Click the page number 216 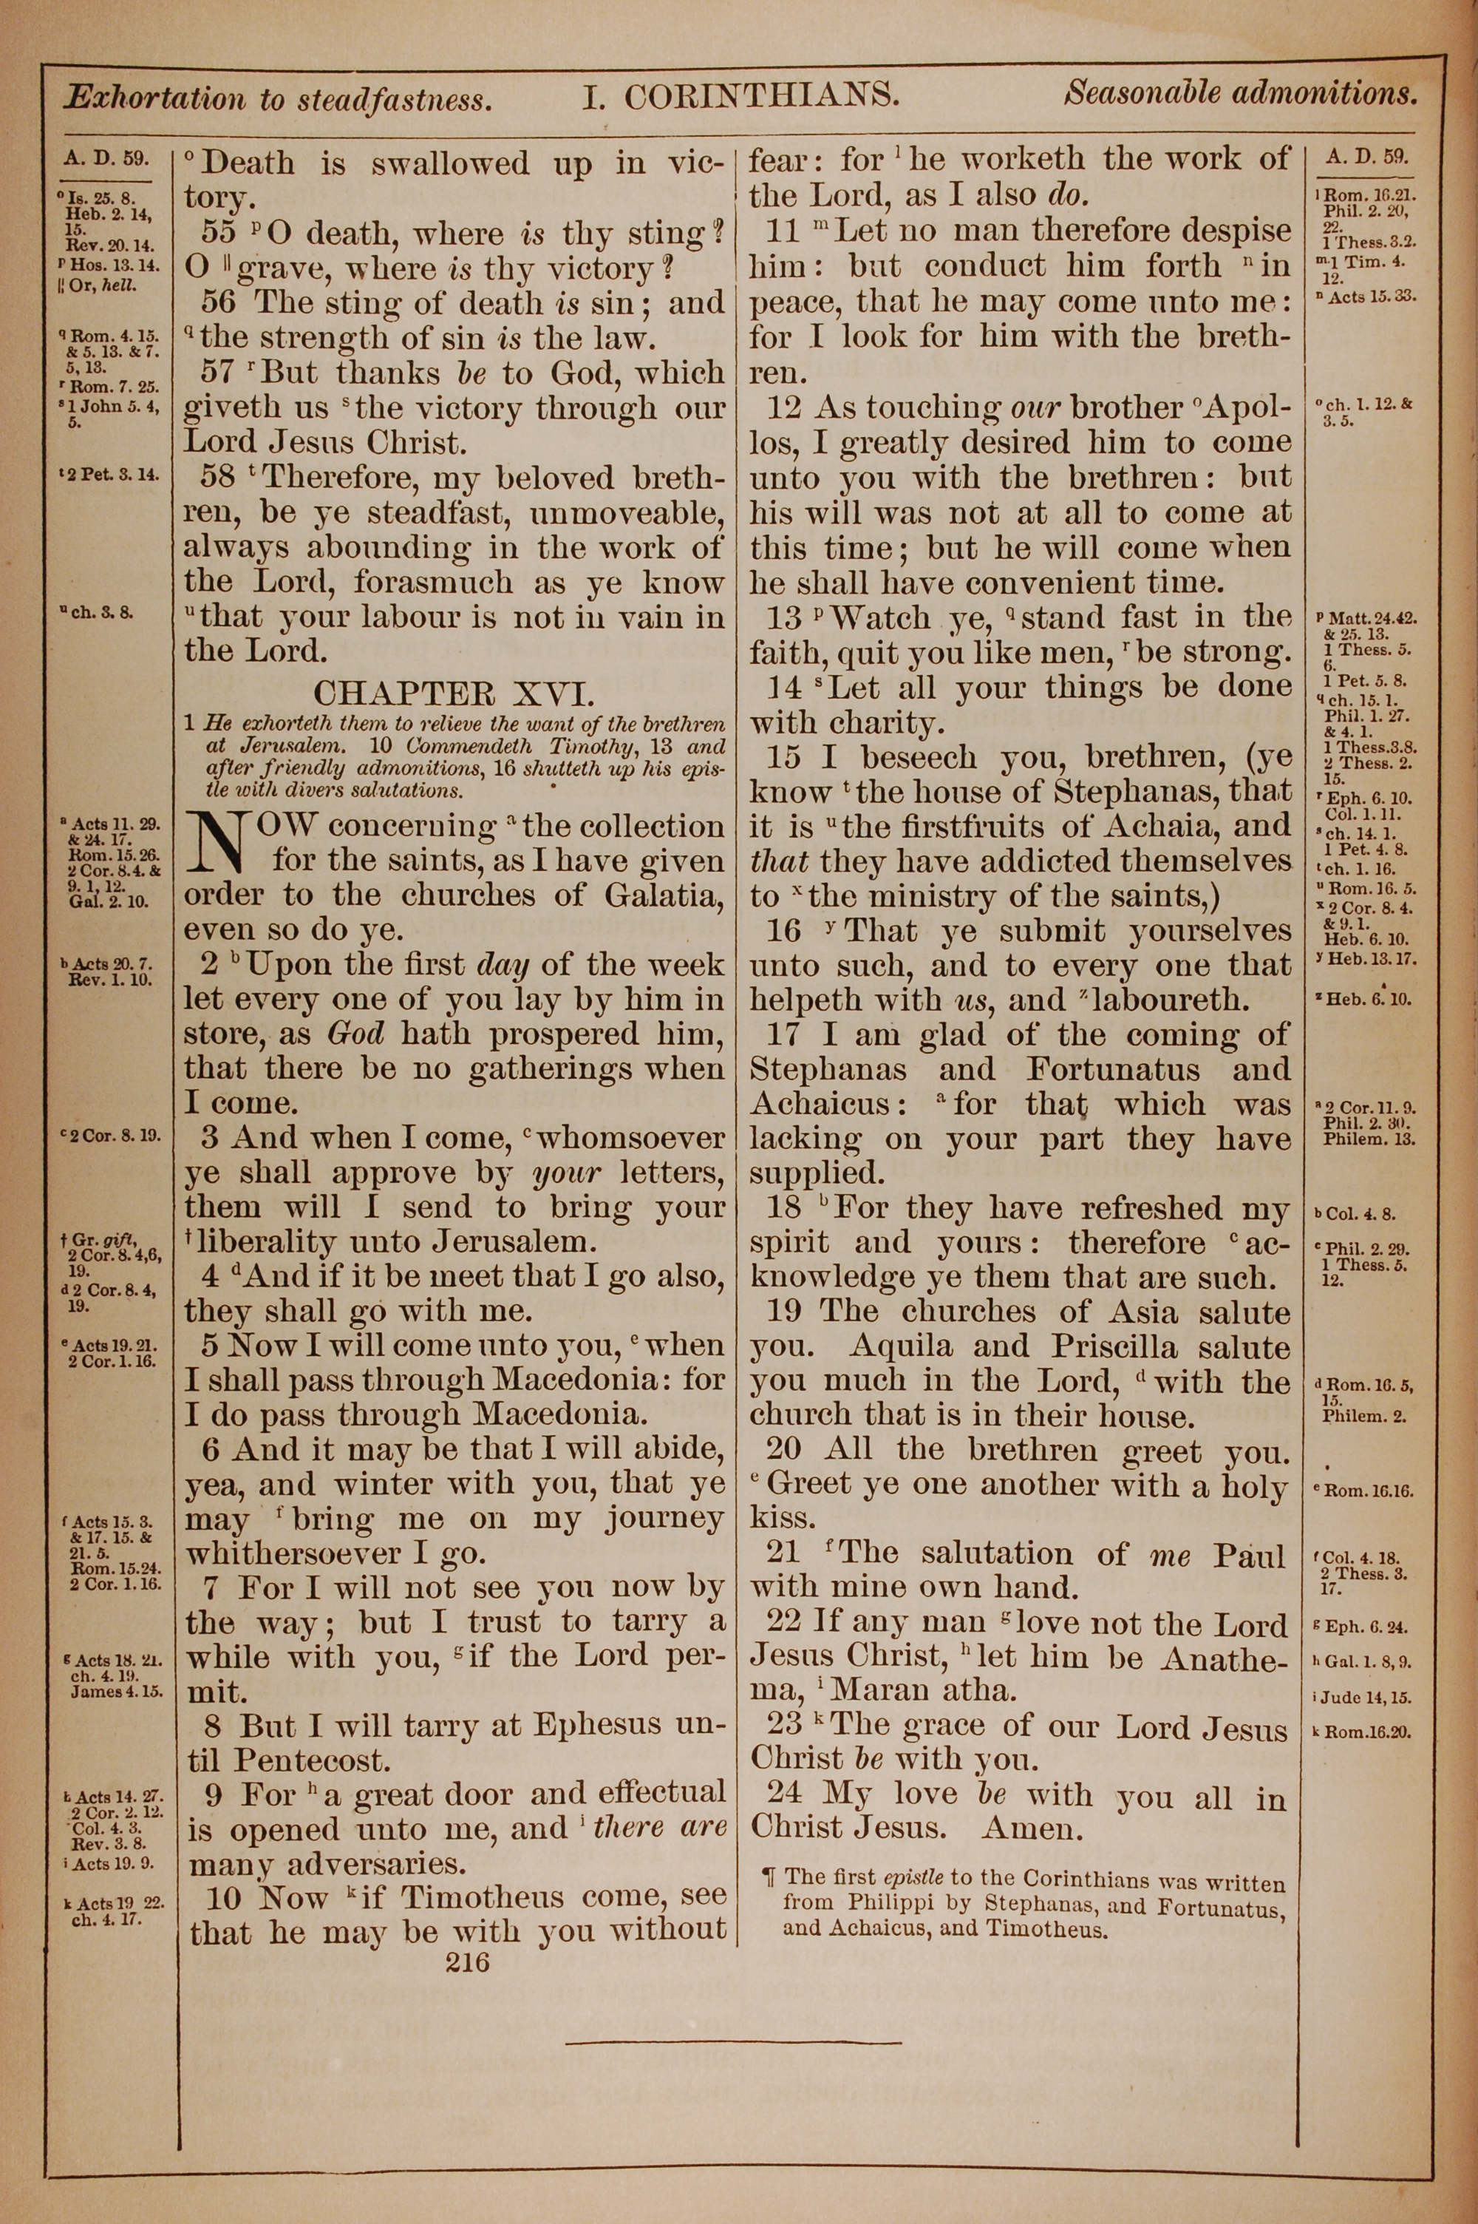click(468, 1962)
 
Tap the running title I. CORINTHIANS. click(741, 96)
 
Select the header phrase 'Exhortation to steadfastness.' click(277, 99)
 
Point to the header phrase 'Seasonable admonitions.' click(1241, 93)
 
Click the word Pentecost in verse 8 click(311, 1759)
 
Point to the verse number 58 click(222, 478)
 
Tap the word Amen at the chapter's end click(1032, 1829)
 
